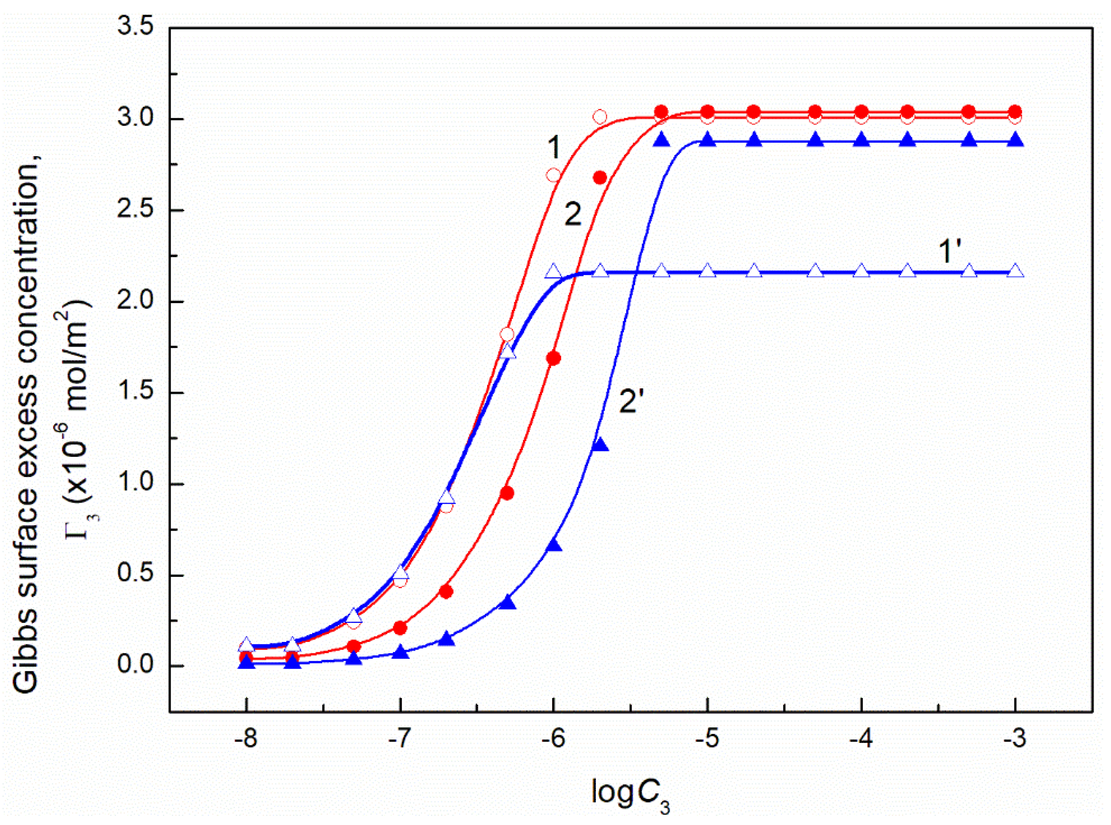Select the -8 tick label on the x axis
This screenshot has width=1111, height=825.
(x=246, y=738)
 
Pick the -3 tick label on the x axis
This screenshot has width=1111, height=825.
(x=1015, y=738)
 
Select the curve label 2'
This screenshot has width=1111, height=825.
(x=635, y=401)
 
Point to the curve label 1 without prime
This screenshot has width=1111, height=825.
(x=554, y=148)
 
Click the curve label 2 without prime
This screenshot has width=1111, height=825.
(x=573, y=215)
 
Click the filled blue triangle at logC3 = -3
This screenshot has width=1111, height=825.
(x=1015, y=140)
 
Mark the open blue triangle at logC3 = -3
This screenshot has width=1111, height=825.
(x=1015, y=272)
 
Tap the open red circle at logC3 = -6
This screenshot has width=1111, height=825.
(x=553, y=175)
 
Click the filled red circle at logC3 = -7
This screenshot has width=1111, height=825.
(x=400, y=628)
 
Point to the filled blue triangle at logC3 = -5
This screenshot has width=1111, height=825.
(x=707, y=140)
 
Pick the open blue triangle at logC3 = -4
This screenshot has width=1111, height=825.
(x=861, y=272)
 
